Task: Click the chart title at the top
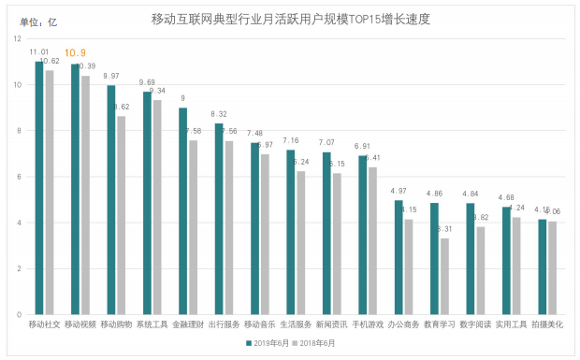point(297,18)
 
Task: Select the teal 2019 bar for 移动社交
point(38,188)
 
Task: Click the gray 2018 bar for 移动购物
point(120,215)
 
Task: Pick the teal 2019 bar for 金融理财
point(182,211)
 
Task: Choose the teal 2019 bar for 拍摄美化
point(542,266)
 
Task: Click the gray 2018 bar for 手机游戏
point(372,240)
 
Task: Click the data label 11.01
point(39,52)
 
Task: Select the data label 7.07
point(326,143)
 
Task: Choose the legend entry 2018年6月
point(319,343)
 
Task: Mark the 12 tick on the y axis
point(18,39)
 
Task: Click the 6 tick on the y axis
point(20,177)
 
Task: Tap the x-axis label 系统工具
point(152,324)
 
